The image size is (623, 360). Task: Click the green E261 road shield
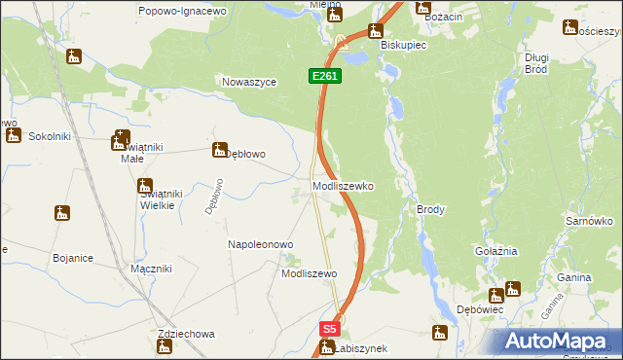click(326, 75)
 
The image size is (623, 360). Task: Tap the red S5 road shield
click(330, 329)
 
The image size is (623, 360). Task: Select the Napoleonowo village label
click(260, 244)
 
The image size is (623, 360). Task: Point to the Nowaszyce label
click(250, 83)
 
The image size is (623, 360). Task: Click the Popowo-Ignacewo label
click(182, 10)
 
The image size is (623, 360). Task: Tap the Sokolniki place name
click(50, 136)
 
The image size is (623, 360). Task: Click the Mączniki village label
click(151, 268)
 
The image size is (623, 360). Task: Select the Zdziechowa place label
click(185, 334)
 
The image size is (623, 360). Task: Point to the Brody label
click(430, 209)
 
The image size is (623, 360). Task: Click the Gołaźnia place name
click(495, 251)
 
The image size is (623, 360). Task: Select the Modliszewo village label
click(309, 274)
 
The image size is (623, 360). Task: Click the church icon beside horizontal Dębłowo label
click(219, 150)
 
